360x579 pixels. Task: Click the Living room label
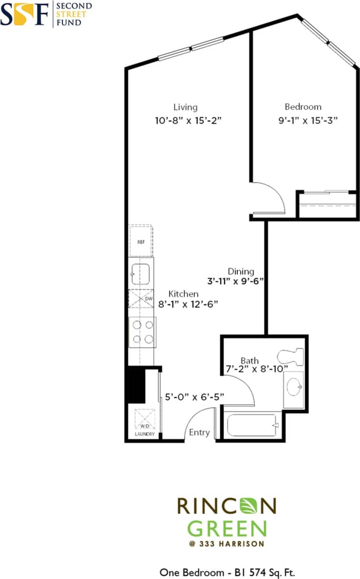tap(185, 107)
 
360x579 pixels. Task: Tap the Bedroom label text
tap(303, 106)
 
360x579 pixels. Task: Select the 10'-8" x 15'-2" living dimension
tap(189, 120)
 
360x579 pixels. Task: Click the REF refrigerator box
tap(141, 241)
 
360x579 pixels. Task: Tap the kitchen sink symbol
tap(141, 273)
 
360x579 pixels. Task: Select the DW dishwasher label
tap(149, 298)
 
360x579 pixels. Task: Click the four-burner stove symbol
tap(142, 332)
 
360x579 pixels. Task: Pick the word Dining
tap(241, 271)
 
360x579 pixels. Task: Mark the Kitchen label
tap(183, 294)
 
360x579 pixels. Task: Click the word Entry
tap(200, 432)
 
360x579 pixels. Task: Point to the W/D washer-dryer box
tap(144, 420)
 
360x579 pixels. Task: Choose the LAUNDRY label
tap(145, 434)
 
